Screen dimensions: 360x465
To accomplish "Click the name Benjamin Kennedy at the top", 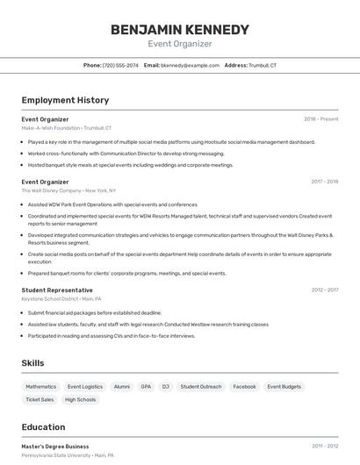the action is [179, 29].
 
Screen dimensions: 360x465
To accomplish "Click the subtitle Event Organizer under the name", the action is [179, 44].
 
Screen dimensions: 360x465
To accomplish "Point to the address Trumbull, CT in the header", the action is [262, 65].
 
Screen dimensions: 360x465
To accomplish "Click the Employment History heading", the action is [65, 100].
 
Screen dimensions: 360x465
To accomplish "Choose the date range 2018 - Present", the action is [320, 118].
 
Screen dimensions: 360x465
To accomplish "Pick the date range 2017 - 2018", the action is [324, 182].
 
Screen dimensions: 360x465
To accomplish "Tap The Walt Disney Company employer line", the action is [68, 190].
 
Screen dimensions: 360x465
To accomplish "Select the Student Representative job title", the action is [57, 290].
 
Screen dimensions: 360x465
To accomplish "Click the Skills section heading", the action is [32, 362].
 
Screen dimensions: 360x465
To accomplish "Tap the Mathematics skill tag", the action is [40, 386].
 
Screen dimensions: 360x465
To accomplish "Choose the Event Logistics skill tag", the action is [85, 386].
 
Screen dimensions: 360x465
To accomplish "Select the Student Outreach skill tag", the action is [201, 386].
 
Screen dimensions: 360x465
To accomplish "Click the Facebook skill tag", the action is [244, 386].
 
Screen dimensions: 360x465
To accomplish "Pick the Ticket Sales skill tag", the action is [40, 399].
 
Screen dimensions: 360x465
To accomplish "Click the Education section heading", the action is [43, 427].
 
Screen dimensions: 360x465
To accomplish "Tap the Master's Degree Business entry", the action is [55, 446].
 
